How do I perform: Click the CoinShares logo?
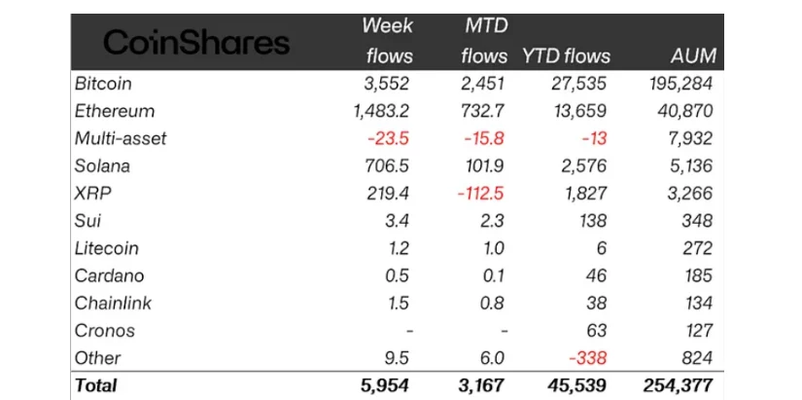point(196,42)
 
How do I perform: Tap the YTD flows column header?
point(568,55)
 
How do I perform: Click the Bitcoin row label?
point(105,84)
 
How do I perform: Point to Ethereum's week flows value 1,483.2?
point(381,111)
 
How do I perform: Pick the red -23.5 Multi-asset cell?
point(392,138)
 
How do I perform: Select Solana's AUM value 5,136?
point(690,165)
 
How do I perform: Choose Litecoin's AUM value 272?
point(698,247)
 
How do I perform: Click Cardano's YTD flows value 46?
point(598,275)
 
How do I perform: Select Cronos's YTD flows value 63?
point(598,330)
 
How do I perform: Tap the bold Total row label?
point(95,385)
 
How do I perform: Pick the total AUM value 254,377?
point(679,385)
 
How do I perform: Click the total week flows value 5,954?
point(385,385)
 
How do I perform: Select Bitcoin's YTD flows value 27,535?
point(581,84)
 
